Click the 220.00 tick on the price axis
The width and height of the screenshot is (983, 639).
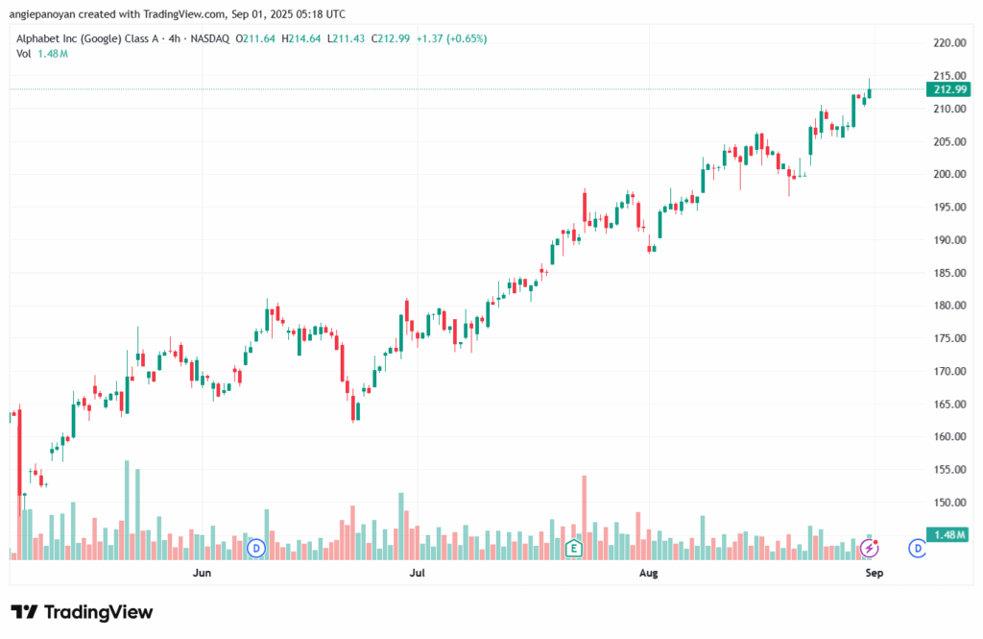[x=949, y=43]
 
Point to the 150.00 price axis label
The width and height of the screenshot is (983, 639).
[x=949, y=503]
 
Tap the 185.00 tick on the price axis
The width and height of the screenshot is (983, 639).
[x=949, y=273]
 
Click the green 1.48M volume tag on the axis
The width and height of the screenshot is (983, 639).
[x=947, y=534]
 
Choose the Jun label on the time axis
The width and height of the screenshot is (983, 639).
[x=202, y=574]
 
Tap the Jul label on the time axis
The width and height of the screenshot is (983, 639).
[x=417, y=574]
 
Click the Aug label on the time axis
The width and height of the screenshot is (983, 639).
[x=649, y=574]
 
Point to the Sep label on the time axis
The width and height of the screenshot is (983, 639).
[x=874, y=574]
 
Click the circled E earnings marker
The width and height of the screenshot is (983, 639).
[x=574, y=549]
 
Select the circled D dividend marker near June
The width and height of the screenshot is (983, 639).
[x=255, y=549]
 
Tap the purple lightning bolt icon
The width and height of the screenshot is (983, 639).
[x=870, y=549]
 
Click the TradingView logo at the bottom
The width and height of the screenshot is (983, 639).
[x=82, y=612]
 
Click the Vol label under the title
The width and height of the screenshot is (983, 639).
[x=24, y=54]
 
